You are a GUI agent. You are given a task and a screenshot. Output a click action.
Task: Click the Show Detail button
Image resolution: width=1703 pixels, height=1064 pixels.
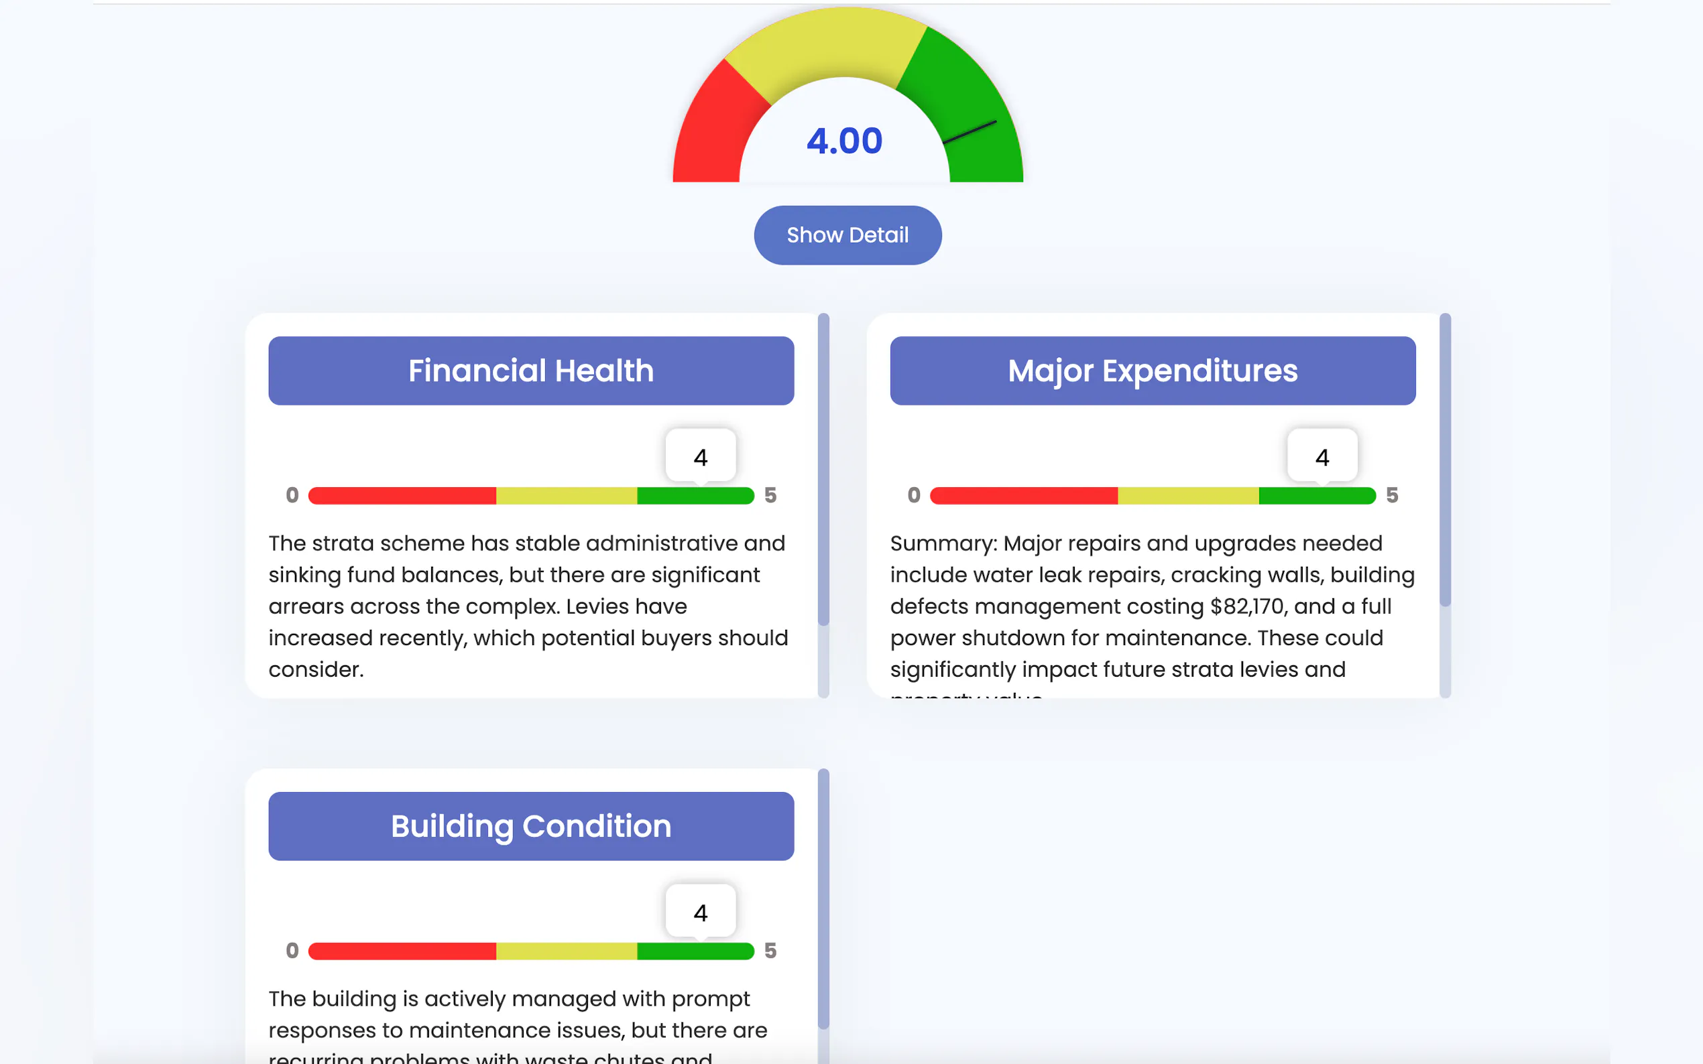(x=847, y=235)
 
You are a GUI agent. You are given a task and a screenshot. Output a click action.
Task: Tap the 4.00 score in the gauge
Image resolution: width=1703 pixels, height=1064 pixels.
(x=844, y=141)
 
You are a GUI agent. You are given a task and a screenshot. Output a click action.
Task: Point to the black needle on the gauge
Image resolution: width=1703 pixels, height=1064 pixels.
(x=970, y=131)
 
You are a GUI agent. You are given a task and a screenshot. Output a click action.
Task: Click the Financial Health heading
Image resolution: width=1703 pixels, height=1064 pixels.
(x=531, y=371)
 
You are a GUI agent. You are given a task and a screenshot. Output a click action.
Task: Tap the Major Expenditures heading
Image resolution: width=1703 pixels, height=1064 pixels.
(x=1153, y=371)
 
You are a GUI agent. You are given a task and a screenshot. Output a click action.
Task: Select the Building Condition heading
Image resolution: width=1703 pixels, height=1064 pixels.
(x=531, y=826)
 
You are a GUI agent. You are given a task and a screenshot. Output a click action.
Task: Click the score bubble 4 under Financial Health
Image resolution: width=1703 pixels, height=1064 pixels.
(x=701, y=458)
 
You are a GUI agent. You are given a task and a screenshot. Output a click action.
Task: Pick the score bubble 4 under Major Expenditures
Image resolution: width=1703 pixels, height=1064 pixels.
(x=1322, y=458)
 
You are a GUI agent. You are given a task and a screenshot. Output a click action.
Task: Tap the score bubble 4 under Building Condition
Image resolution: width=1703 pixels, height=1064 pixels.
(x=701, y=913)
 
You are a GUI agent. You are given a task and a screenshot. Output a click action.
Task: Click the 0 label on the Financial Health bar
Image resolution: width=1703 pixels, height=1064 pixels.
(x=292, y=495)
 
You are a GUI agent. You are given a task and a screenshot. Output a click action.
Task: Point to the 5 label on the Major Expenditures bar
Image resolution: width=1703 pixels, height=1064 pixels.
(x=1392, y=495)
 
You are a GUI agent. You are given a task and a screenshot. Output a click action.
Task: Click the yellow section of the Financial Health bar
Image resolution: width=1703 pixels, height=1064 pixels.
(x=567, y=495)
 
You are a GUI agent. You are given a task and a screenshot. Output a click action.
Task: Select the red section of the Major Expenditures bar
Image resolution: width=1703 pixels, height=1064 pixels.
(x=1024, y=495)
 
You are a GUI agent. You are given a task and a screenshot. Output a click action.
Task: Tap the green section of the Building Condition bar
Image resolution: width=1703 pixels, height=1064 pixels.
(x=695, y=951)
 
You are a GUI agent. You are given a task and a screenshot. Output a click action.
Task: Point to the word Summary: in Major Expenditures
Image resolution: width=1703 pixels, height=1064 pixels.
(x=943, y=543)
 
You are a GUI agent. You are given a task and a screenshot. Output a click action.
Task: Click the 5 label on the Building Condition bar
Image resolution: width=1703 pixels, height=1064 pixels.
(x=770, y=951)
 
